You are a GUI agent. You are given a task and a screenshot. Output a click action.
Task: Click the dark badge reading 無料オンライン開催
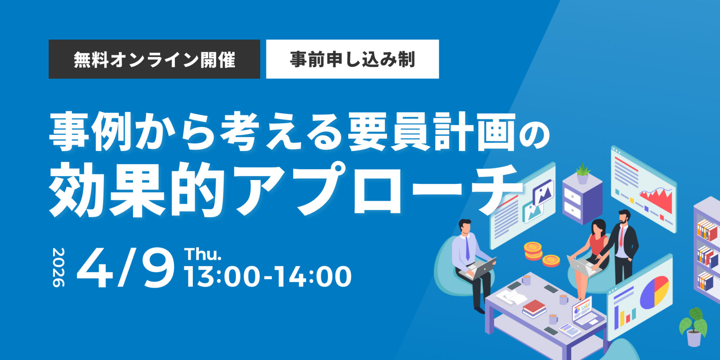click(x=154, y=59)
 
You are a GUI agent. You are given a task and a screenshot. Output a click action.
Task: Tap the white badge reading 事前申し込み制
click(x=352, y=59)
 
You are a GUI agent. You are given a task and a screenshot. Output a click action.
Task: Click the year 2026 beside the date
click(x=58, y=267)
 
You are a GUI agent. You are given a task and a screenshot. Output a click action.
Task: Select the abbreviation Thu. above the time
click(x=203, y=254)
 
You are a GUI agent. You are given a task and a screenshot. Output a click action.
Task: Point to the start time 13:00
click(x=222, y=276)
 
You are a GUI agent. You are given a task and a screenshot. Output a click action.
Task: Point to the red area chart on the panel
click(x=656, y=199)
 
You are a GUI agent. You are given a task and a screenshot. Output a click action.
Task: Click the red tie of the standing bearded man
click(x=621, y=237)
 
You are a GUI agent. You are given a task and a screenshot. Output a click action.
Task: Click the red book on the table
click(x=534, y=307)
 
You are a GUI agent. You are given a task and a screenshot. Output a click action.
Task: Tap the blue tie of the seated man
click(x=467, y=248)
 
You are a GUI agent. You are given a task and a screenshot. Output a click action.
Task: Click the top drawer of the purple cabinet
click(x=572, y=197)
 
